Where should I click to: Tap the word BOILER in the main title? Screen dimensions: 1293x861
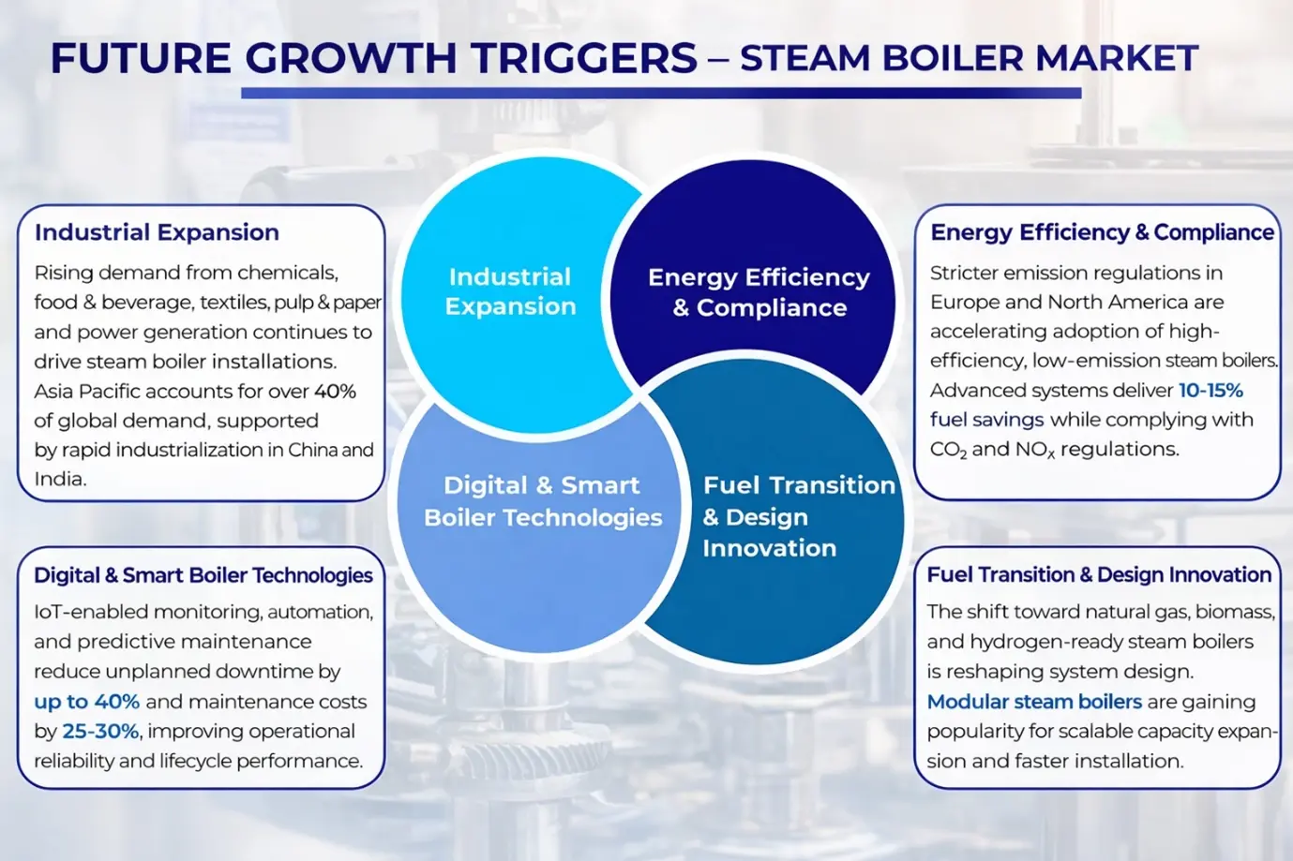953,58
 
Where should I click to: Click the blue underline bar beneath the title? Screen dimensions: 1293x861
661,93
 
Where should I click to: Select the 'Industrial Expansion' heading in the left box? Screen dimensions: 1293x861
157,232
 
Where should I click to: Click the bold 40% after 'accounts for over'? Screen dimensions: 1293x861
335,392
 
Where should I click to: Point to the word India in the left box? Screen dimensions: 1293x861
60,479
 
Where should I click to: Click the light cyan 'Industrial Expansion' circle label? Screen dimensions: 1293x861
510,291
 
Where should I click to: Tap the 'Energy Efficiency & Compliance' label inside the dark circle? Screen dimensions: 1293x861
759,292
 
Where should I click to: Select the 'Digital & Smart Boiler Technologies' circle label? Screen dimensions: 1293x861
543,501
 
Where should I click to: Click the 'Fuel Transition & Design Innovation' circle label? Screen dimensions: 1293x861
798,517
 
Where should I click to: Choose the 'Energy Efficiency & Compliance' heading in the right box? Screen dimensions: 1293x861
1102,232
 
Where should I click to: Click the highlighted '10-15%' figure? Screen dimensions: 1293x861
1210,391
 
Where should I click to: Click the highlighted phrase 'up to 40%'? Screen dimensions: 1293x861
86,702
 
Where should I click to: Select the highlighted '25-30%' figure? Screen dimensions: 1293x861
100,732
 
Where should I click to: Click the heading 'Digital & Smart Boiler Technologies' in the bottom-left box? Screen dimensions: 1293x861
203,575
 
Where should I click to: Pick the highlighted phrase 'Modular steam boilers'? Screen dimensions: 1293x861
1034,702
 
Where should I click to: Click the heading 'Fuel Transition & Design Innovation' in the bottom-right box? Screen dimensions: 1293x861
1099,575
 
